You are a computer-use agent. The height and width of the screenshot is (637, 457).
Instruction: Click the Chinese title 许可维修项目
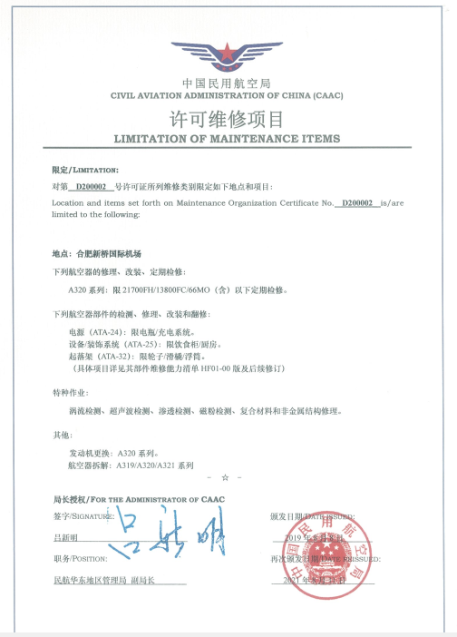point(228,119)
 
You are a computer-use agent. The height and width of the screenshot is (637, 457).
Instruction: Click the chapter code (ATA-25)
point(137,346)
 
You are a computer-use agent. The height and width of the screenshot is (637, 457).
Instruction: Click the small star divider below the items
point(225,476)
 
